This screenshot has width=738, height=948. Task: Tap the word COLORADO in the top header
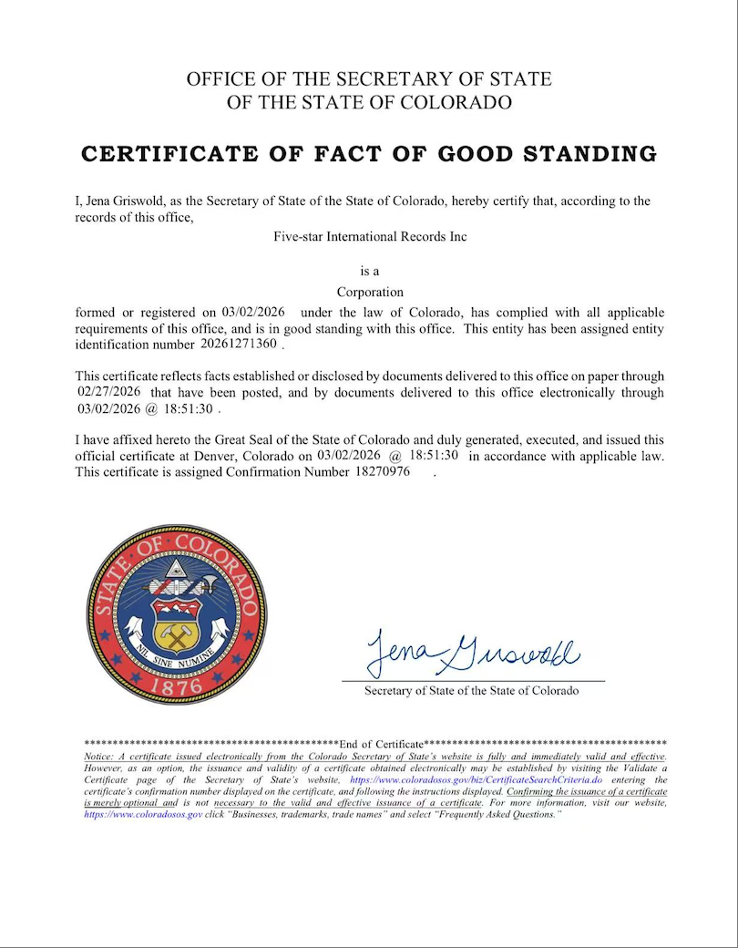click(x=459, y=103)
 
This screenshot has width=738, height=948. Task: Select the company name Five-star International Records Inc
click(x=370, y=236)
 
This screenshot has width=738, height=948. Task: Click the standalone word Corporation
click(x=370, y=293)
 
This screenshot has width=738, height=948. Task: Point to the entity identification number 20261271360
click(x=240, y=345)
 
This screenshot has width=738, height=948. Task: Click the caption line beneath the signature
click(x=471, y=691)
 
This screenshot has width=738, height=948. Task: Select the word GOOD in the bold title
click(x=479, y=153)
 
